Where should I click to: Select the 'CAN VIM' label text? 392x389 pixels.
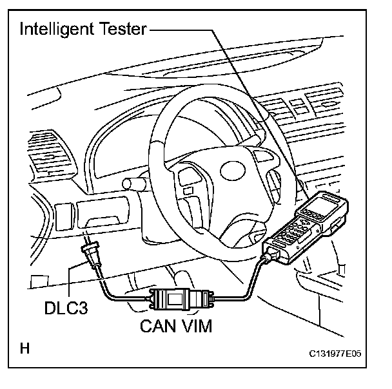click(176, 325)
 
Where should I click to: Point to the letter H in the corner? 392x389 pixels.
click(25, 350)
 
